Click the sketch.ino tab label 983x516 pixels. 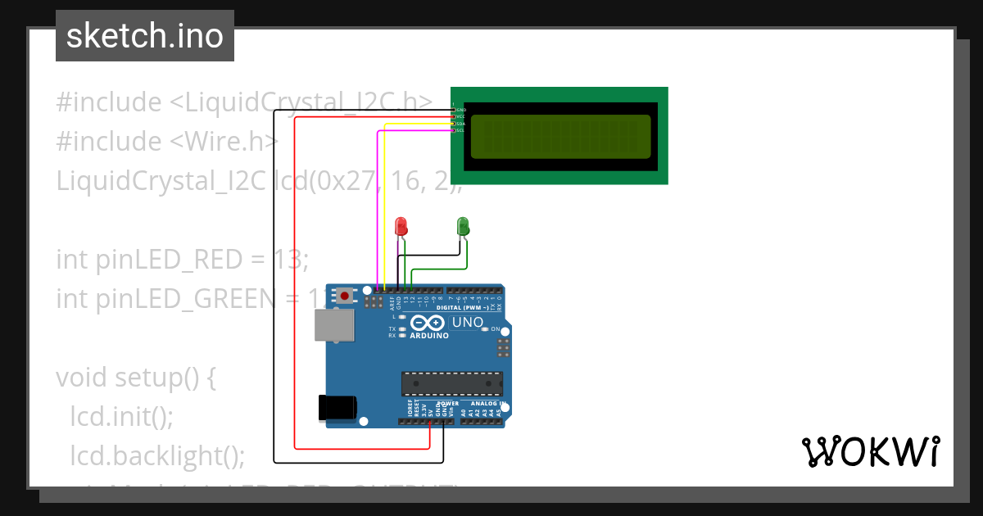point(145,36)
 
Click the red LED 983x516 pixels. point(401,225)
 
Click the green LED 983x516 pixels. point(463,225)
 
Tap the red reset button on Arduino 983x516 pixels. point(346,295)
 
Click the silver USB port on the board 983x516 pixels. point(335,325)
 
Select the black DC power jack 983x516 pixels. point(337,407)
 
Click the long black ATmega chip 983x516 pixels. point(451,382)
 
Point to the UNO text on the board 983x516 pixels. point(468,322)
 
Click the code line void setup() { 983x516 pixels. point(136,378)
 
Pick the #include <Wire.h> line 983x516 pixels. point(167,142)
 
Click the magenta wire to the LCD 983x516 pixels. point(377,205)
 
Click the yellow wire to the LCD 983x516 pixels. point(385,205)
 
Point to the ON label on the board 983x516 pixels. point(496,329)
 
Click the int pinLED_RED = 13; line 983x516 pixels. point(182,260)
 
